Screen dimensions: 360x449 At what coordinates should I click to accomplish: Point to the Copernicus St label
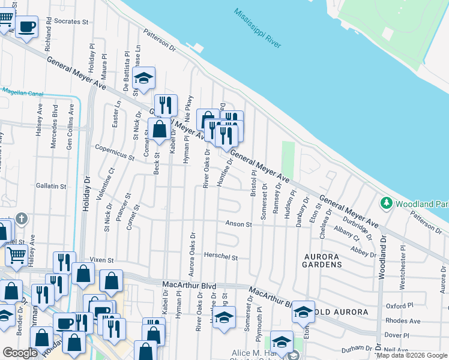tap(114, 151)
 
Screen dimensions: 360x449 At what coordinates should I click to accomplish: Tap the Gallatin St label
tap(50, 187)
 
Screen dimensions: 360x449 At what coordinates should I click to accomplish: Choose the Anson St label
tap(238, 224)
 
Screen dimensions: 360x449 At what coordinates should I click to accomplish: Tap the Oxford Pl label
tap(415, 306)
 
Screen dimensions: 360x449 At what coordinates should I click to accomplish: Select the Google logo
tap(20, 353)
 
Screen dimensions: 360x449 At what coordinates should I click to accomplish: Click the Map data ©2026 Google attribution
tap(411, 355)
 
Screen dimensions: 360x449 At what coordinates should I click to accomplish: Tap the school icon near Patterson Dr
tap(144, 78)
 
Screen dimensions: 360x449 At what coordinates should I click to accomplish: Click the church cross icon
tap(22, 218)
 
